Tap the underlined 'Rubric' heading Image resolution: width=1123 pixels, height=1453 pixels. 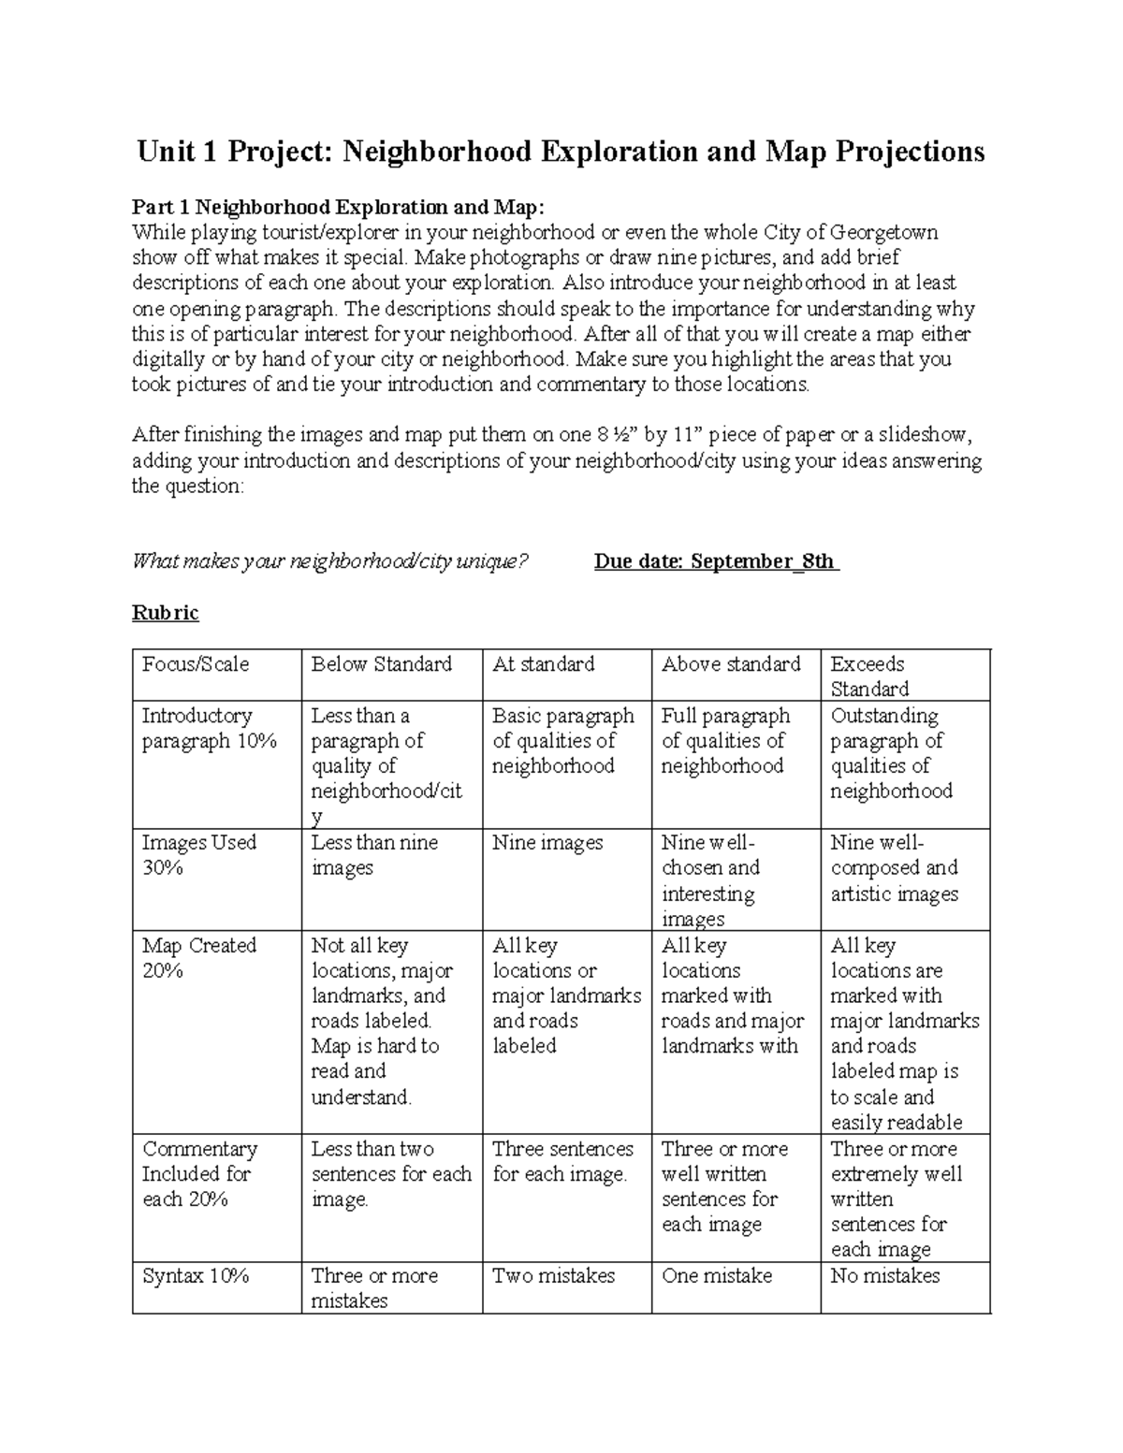click(x=165, y=613)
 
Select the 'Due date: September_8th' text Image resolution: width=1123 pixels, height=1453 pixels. click(x=716, y=561)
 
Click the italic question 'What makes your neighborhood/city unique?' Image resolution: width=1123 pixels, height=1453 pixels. click(x=330, y=561)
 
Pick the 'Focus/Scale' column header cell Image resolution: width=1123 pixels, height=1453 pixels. click(x=196, y=664)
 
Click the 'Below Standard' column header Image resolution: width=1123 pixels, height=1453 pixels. click(x=382, y=664)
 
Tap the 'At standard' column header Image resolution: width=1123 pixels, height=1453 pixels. click(x=544, y=664)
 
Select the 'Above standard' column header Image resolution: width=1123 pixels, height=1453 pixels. click(x=731, y=664)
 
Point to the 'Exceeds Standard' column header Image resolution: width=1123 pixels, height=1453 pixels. click(x=868, y=676)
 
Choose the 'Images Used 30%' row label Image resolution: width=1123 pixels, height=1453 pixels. click(x=198, y=854)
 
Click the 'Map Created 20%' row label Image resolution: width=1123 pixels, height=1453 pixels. click(x=198, y=957)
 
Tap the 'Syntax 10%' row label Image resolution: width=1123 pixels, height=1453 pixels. click(x=196, y=1275)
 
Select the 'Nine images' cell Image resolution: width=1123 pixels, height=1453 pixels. click(x=547, y=842)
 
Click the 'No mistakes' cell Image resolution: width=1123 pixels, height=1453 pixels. click(x=885, y=1275)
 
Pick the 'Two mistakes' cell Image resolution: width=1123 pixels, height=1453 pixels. click(x=554, y=1275)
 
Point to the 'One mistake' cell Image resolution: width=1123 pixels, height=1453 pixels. click(x=717, y=1275)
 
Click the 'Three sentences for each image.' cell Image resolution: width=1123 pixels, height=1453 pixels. click(x=562, y=1161)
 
